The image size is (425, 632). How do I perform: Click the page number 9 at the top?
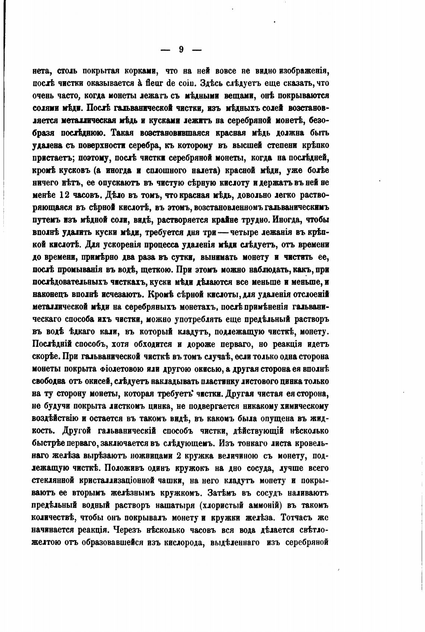pos(181,50)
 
